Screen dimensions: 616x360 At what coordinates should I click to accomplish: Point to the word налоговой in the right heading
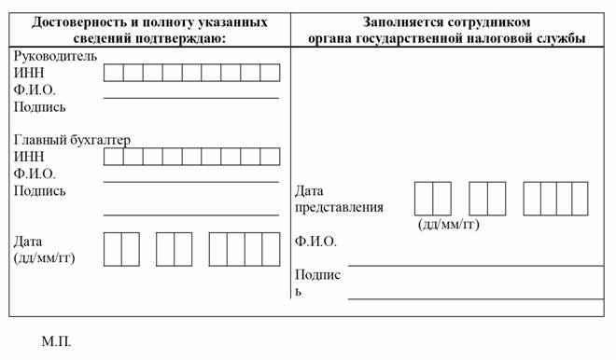click(x=502, y=39)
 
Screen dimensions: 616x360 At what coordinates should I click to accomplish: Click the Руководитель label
click(x=55, y=56)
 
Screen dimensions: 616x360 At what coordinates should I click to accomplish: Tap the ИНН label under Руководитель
click(x=29, y=73)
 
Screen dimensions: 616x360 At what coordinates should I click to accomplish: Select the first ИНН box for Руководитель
click(x=114, y=73)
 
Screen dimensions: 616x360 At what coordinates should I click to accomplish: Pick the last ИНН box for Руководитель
click(x=271, y=73)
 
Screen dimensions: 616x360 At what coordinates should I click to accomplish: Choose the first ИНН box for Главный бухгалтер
click(x=114, y=157)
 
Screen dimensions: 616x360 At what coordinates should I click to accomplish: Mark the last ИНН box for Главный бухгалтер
click(x=271, y=157)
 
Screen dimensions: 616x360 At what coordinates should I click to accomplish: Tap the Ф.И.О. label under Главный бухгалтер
click(x=35, y=173)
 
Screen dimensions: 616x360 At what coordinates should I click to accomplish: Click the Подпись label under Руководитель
click(x=40, y=107)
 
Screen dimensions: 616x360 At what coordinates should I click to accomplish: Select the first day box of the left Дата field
click(x=113, y=249)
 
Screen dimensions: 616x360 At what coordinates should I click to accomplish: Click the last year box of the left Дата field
click(x=271, y=249)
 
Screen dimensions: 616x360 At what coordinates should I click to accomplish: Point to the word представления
click(x=339, y=207)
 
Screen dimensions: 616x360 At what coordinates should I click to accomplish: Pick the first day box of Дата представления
click(x=424, y=199)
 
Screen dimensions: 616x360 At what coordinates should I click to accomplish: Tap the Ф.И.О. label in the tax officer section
click(x=315, y=241)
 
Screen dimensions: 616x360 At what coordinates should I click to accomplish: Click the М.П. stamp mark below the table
click(x=57, y=341)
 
